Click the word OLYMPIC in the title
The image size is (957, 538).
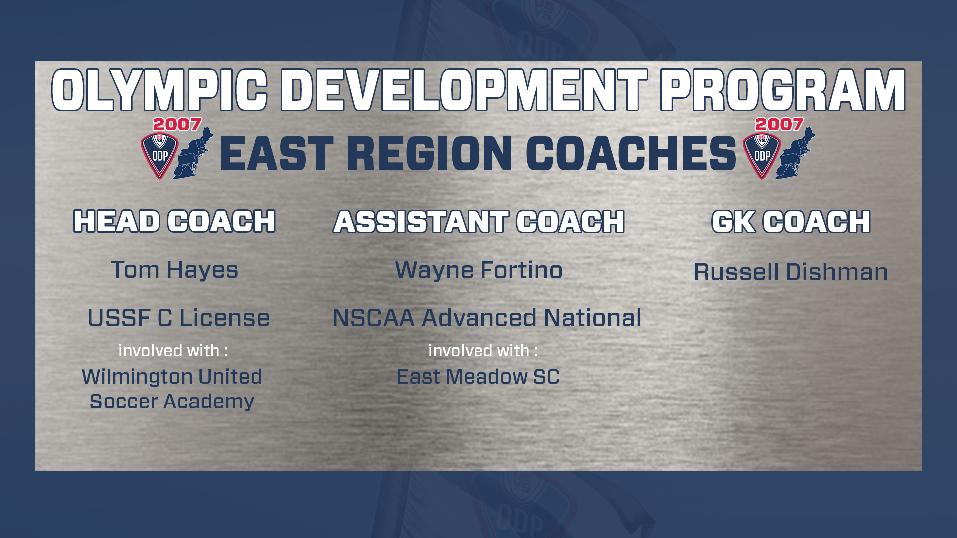tap(159, 90)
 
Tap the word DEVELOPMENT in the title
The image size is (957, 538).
tap(464, 90)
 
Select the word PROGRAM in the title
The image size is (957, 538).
tap(783, 90)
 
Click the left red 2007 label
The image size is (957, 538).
tap(177, 124)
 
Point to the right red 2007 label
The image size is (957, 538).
tap(779, 124)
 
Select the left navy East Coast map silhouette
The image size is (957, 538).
tap(193, 153)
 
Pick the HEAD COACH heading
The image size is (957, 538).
tap(174, 221)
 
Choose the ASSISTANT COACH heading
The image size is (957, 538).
tap(479, 221)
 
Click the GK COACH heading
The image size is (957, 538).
tap(791, 221)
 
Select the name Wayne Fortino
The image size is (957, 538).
tap(479, 270)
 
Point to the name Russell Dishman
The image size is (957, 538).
tap(791, 272)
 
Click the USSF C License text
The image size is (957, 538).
tap(178, 318)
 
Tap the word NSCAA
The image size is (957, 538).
tap(374, 318)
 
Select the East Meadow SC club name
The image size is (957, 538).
tap(478, 377)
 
